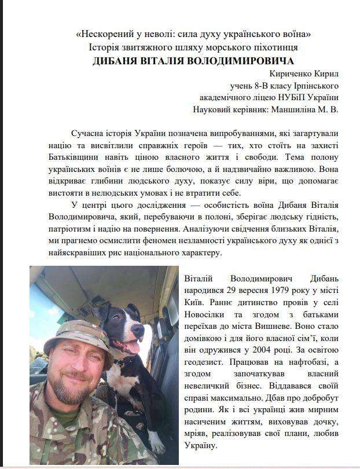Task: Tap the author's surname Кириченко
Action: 289,75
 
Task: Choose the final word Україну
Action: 202,447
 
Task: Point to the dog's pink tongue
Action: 131,347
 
